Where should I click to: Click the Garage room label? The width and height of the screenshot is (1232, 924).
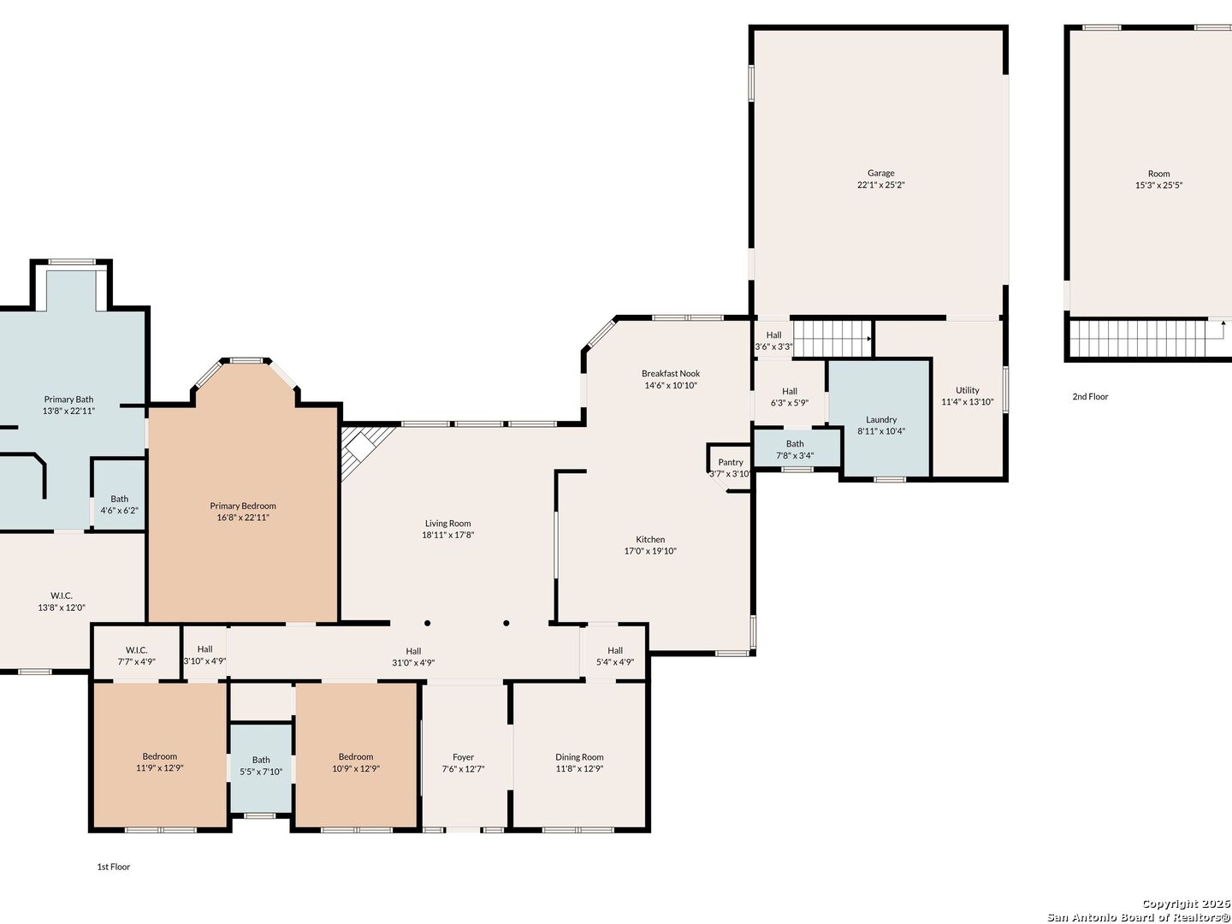tap(880, 174)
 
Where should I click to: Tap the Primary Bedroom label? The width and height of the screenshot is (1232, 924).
tap(243, 506)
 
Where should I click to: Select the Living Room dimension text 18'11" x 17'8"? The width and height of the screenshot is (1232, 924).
tap(448, 536)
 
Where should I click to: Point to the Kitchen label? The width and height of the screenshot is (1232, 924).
tap(650, 540)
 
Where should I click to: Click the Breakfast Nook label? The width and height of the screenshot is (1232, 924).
tap(671, 374)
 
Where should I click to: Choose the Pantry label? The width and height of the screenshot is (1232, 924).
tap(731, 462)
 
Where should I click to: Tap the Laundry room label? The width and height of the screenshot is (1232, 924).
tap(881, 419)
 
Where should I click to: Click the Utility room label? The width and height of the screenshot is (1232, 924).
tap(968, 390)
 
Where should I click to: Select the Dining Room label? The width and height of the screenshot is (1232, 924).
tap(580, 757)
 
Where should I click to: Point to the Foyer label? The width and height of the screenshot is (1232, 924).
tap(463, 757)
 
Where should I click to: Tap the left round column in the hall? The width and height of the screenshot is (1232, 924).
tap(427, 624)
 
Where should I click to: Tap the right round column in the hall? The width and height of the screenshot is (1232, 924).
tap(506, 624)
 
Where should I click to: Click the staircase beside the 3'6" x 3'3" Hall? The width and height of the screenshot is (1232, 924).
tap(832, 338)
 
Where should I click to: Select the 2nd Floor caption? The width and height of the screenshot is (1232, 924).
tap(1091, 397)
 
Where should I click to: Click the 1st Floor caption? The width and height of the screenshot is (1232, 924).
tap(114, 867)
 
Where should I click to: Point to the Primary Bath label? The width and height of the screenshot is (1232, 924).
tap(68, 400)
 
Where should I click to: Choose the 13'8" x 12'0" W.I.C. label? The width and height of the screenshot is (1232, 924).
tap(62, 601)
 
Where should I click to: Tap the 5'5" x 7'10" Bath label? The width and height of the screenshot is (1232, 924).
tap(261, 766)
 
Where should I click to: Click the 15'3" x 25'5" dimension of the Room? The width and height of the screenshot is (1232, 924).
tap(1159, 185)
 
